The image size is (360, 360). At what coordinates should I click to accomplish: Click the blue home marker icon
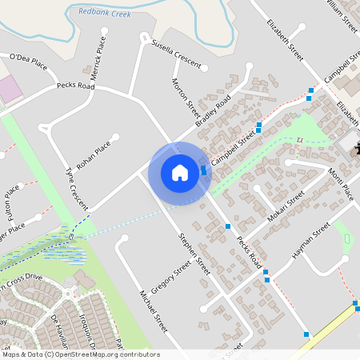(180, 173)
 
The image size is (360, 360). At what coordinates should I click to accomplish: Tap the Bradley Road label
(214, 110)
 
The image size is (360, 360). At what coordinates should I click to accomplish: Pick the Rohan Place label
(93, 154)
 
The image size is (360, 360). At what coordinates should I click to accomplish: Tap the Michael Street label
(153, 311)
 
